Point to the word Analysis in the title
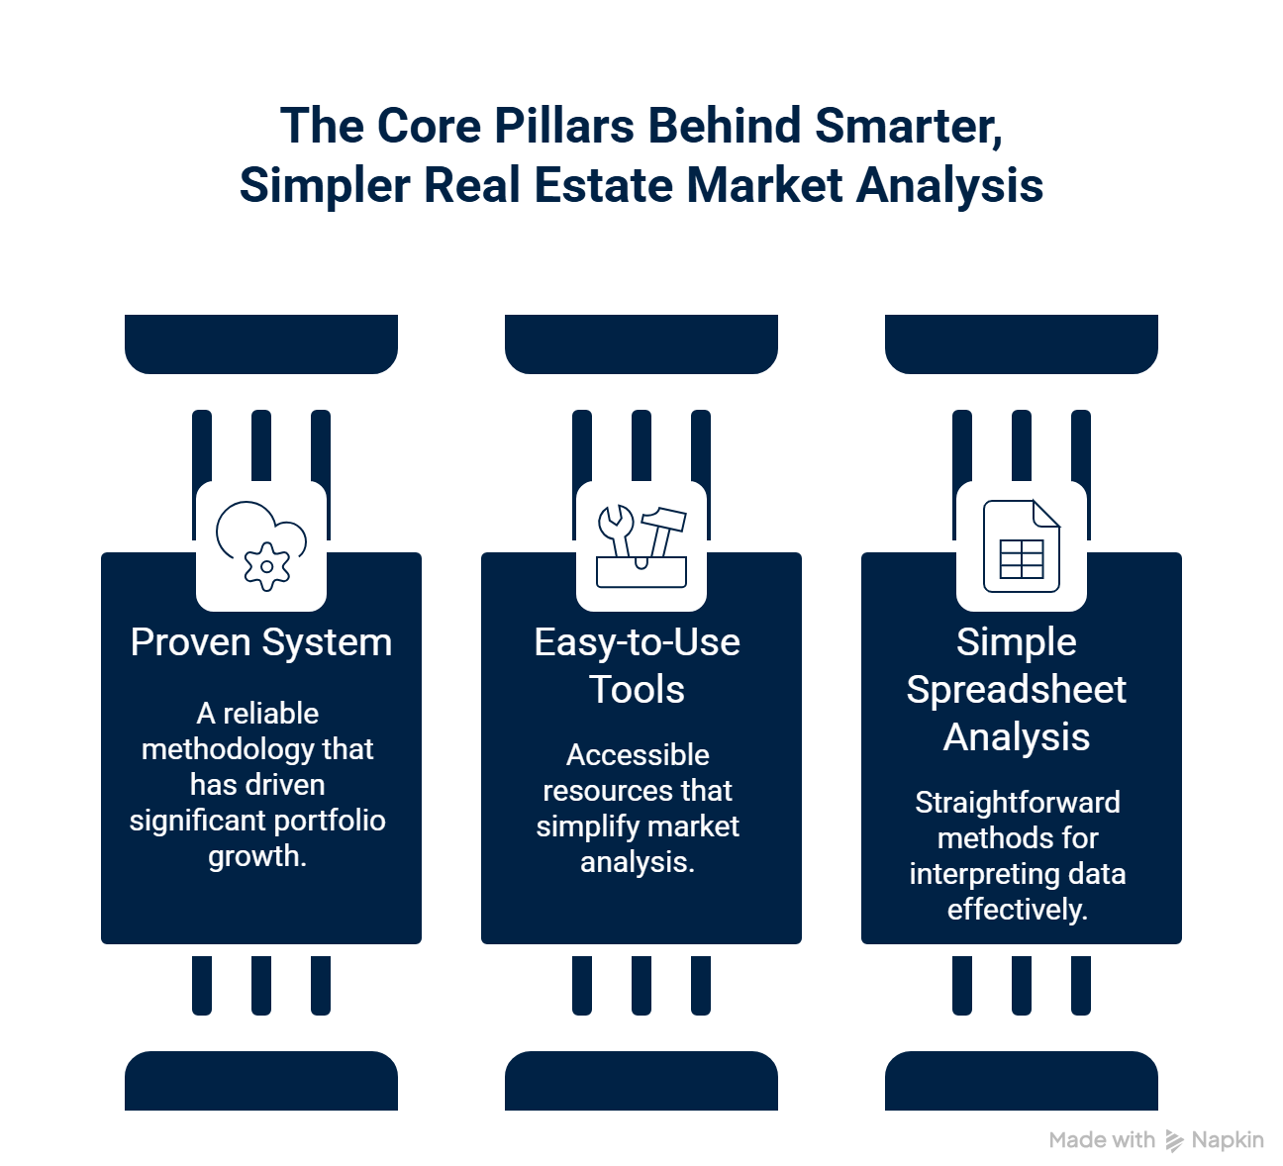click(949, 186)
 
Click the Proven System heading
click(261, 642)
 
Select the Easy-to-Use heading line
click(638, 642)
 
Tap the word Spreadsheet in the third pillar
click(1017, 690)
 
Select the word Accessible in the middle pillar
click(638, 755)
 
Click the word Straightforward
click(1018, 803)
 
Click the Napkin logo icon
click(1175, 1141)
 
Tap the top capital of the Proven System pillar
click(261, 341)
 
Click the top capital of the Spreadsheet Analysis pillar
click(1022, 341)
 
